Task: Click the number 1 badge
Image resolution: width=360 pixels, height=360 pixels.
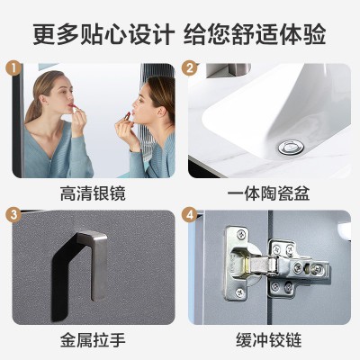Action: [13, 68]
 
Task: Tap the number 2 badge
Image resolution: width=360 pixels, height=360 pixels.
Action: [190, 68]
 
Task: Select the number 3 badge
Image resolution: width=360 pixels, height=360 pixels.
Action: [13, 215]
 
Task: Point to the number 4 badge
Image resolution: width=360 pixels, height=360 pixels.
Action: [190, 215]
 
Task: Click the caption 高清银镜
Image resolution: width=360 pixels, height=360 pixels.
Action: [93, 193]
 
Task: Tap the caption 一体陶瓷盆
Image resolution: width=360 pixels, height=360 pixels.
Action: [268, 193]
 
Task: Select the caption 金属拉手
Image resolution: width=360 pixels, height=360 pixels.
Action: [93, 340]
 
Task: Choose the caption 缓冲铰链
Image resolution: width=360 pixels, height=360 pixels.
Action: [268, 340]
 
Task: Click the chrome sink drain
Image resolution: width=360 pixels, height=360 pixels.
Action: [291, 148]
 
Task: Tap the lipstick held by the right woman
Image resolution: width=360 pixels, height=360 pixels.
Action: [127, 116]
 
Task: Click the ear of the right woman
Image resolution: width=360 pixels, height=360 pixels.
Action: [163, 112]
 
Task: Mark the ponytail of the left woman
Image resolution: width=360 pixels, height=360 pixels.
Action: [33, 105]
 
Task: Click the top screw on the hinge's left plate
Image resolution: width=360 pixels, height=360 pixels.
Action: [240, 234]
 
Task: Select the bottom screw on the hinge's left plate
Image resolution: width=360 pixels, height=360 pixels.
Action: [239, 292]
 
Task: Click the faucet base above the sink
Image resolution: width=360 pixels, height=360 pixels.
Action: [228, 70]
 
